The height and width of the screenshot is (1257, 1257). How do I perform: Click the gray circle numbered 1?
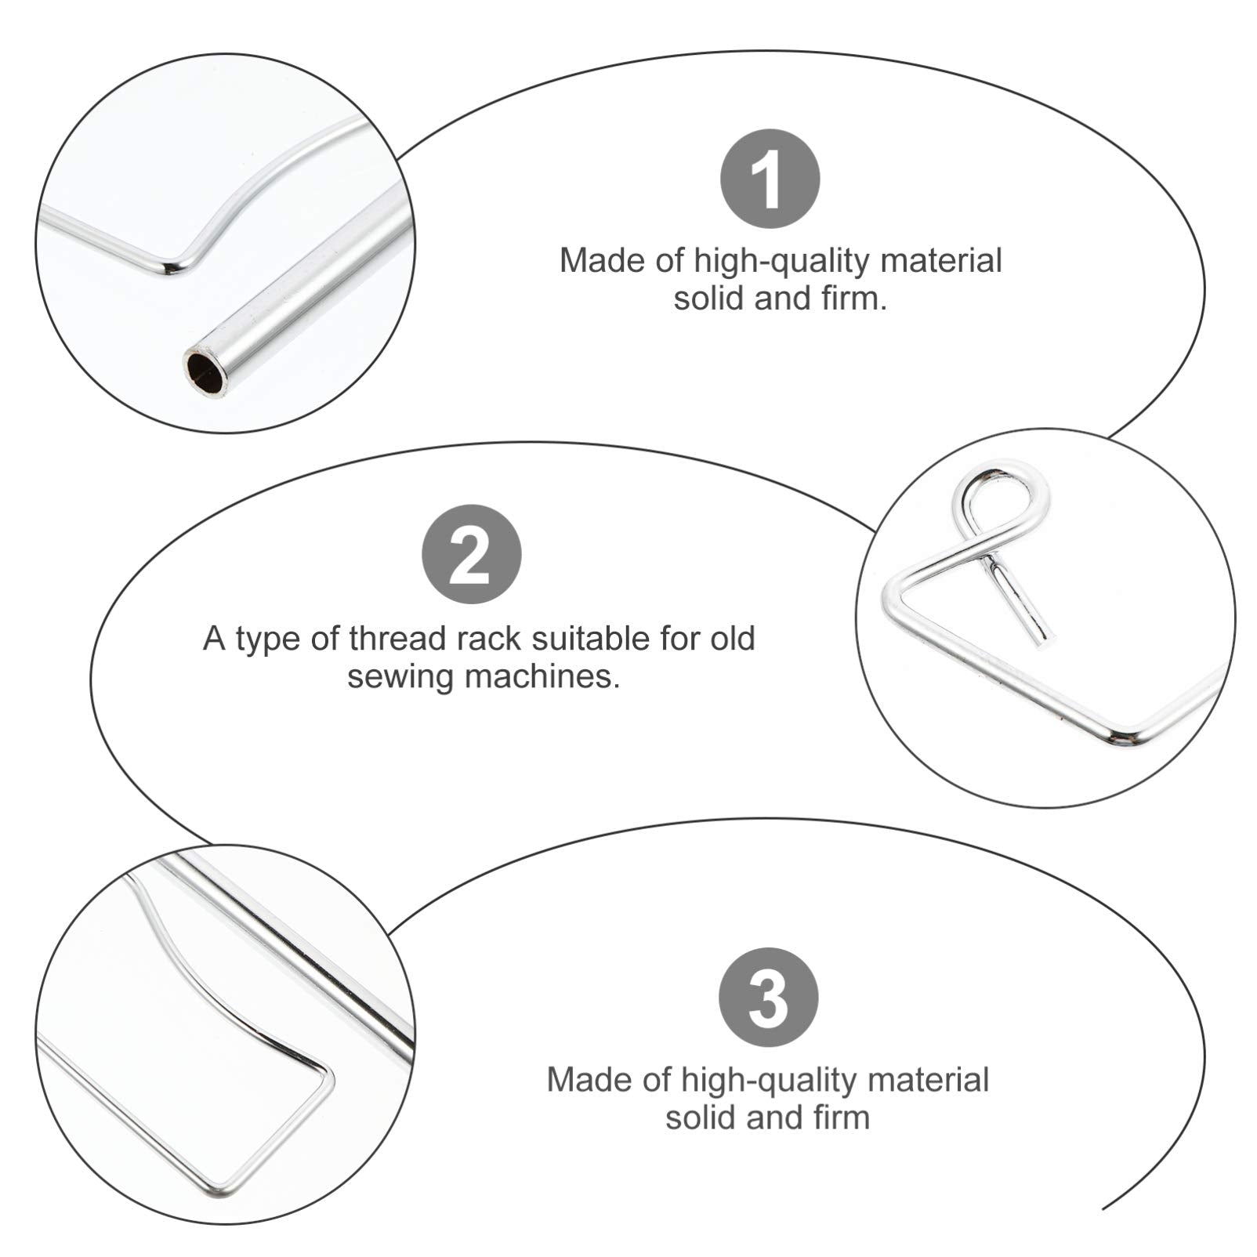click(770, 179)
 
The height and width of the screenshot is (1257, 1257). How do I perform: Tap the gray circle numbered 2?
click(472, 554)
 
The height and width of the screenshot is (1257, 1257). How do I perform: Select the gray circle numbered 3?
click(768, 997)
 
